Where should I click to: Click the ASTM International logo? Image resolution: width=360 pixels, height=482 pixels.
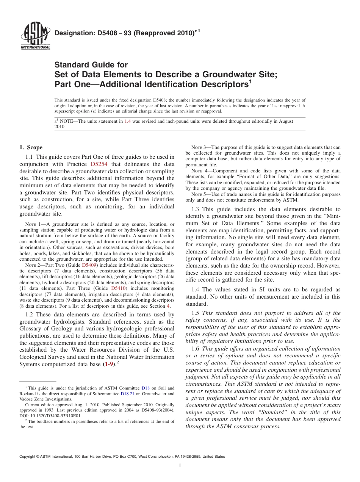point(35,36)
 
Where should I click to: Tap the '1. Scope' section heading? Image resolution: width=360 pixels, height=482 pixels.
point(31,147)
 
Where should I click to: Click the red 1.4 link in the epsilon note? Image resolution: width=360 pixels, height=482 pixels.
point(128,121)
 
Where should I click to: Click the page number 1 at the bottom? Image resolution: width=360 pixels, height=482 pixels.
point(180,466)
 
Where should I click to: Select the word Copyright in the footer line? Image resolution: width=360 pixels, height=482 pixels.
point(28,457)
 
